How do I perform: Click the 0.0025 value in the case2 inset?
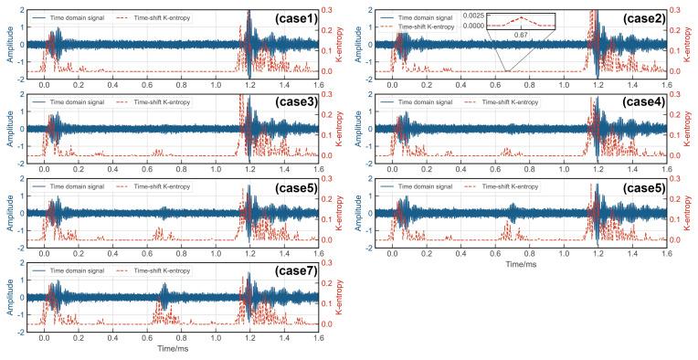pyautogui.click(x=474, y=16)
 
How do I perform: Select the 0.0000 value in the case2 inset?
pyautogui.click(x=474, y=26)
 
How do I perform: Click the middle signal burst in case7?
pyautogui.click(x=164, y=298)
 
